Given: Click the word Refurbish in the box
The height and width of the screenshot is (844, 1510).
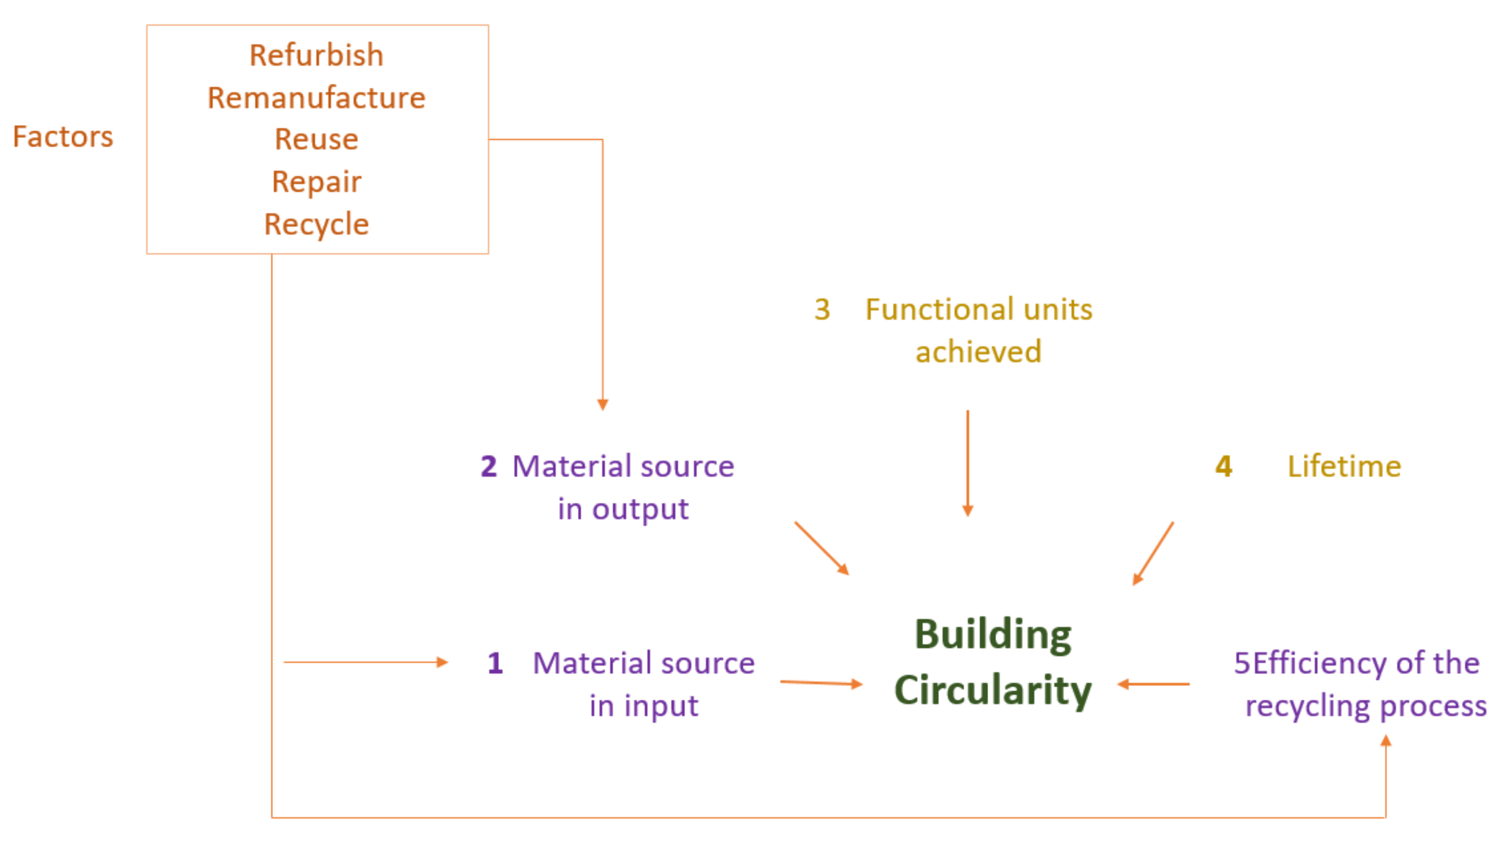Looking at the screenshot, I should coord(316,56).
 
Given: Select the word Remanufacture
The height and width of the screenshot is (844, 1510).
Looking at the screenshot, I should coord(316,98).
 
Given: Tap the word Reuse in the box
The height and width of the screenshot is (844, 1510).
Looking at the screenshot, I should coord(316,140).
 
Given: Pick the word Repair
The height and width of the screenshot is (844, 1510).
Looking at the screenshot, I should coord(316,182).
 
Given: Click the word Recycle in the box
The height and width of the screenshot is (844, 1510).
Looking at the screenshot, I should coord(316,225).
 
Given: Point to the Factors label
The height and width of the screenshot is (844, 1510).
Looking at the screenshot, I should coord(63,137).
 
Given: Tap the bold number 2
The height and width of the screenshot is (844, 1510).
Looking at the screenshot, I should coord(488,467).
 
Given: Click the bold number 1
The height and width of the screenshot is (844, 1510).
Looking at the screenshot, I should coord(495,663).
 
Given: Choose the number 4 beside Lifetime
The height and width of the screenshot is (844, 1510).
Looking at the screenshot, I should coord(1223,467).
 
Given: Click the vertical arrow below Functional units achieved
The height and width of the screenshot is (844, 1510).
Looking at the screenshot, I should coord(967,463).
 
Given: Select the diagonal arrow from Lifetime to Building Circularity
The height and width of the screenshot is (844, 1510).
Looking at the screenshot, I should coord(1153,553).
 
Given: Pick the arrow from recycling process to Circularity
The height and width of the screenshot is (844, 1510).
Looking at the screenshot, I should coord(1153,684).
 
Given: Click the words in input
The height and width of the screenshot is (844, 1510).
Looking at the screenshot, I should coord(643,706).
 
